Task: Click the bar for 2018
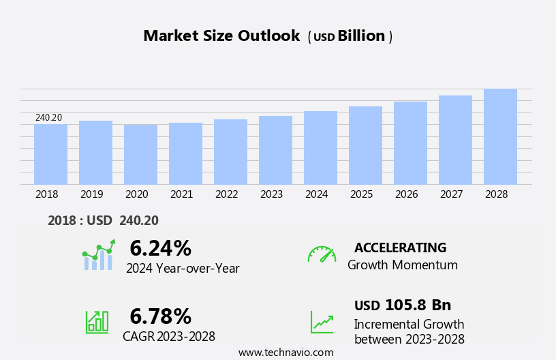[x=50, y=154]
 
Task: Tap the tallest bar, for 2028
[x=500, y=136]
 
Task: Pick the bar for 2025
[x=365, y=145]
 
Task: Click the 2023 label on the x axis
[x=271, y=194]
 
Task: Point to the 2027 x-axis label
[x=451, y=194]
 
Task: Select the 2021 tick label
[x=181, y=194]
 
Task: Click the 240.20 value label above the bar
[x=48, y=118]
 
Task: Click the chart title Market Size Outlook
[x=221, y=36]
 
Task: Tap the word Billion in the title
[x=361, y=36]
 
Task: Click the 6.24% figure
[x=160, y=248]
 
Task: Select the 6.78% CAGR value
[x=160, y=316]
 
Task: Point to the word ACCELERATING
[x=400, y=248]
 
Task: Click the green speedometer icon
[x=322, y=254]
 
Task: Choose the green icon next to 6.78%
[x=97, y=321]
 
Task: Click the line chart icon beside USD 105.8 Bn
[x=322, y=322]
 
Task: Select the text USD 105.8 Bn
[x=402, y=305]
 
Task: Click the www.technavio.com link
[x=285, y=352]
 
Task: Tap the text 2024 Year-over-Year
[x=183, y=269]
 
